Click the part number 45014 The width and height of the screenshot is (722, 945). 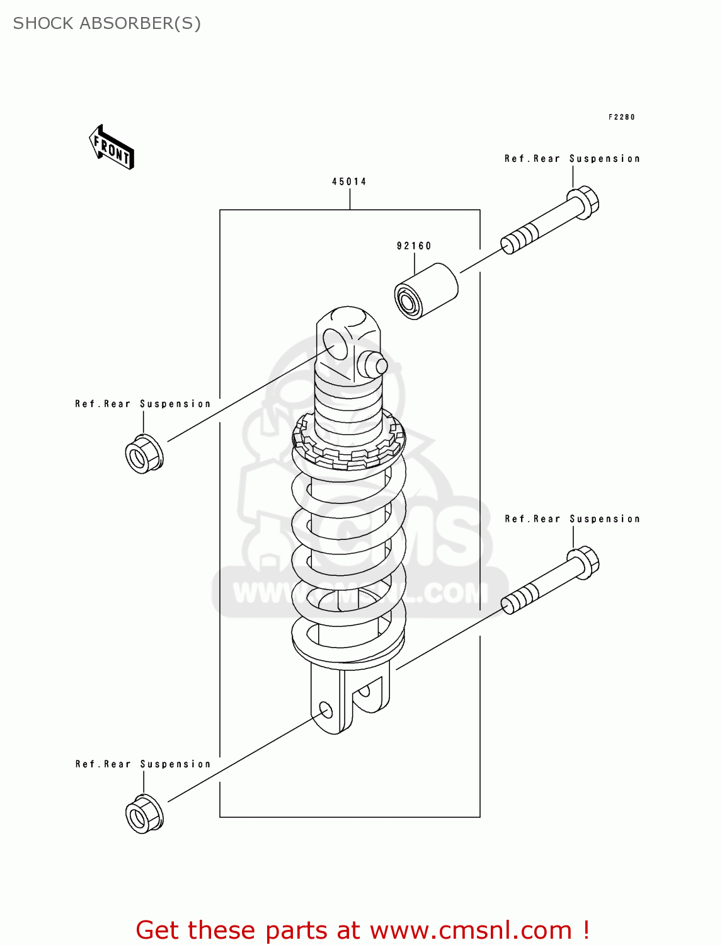349,181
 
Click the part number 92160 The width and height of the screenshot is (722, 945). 414,246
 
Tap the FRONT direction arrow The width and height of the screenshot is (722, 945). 112,147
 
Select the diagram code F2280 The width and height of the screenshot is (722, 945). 621,117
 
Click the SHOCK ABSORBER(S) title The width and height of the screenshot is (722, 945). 107,23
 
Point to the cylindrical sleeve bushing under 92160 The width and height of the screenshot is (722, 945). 426,292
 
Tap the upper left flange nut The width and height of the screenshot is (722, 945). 144,454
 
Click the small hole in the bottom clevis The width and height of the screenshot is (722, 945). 326,709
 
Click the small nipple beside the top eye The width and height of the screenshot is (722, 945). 373,365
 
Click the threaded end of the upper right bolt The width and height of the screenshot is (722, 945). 519,239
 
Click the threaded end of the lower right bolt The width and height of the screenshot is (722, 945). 519,599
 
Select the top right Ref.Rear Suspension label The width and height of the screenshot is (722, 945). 572,159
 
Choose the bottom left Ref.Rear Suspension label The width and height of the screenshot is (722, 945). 143,764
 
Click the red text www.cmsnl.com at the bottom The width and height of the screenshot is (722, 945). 471,931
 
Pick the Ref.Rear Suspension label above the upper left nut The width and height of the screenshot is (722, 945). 143,404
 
